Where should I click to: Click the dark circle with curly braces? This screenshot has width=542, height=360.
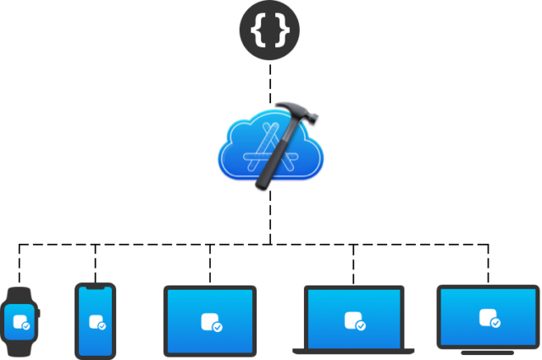(x=270, y=31)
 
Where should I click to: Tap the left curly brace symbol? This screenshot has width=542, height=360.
(x=260, y=31)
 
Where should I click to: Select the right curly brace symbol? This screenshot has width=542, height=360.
(x=281, y=31)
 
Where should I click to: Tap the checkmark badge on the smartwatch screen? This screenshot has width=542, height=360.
(x=25, y=326)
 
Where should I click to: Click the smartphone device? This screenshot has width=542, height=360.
(x=95, y=321)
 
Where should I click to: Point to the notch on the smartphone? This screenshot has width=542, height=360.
(x=95, y=288)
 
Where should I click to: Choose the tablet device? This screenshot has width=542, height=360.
(x=210, y=321)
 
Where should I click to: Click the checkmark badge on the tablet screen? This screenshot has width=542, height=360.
(x=218, y=326)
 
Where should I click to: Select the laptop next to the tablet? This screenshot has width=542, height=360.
(x=354, y=320)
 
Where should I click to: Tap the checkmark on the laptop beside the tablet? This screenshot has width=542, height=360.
(x=362, y=325)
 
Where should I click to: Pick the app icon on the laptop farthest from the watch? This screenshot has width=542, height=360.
(x=487, y=317)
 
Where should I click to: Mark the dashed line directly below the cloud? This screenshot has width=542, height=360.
(x=271, y=216)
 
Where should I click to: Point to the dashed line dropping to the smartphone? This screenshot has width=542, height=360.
(x=95, y=263)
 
